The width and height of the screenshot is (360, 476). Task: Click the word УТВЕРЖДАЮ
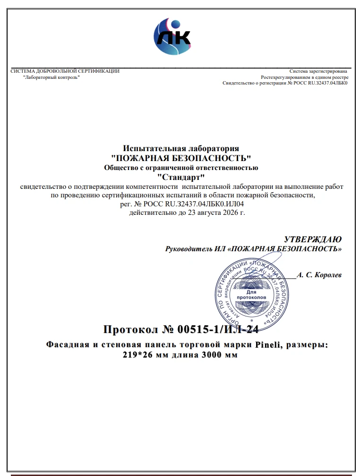click(x=313, y=239)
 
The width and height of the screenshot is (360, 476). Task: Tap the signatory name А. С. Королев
click(x=319, y=275)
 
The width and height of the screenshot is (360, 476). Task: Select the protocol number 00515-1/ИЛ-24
click(x=219, y=329)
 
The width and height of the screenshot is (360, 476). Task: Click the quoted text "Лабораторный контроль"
click(x=51, y=77)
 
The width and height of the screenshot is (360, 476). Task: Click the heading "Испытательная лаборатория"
click(x=181, y=149)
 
